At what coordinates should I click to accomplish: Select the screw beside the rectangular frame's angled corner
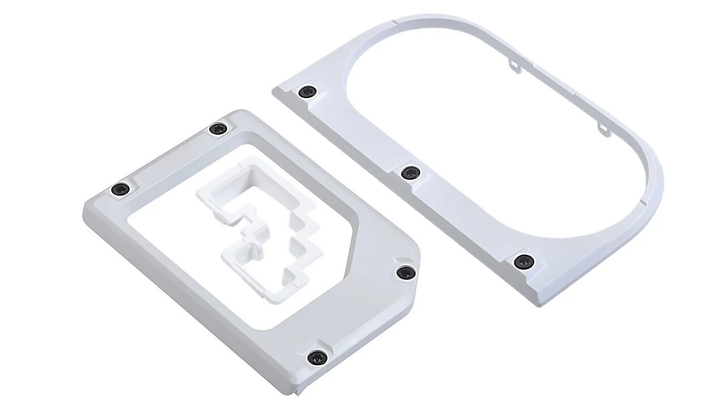coord(404,273)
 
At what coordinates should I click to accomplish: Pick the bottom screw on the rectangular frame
coord(316,358)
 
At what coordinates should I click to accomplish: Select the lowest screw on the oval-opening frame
coord(523,261)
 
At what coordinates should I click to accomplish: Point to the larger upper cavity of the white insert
coord(249,187)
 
